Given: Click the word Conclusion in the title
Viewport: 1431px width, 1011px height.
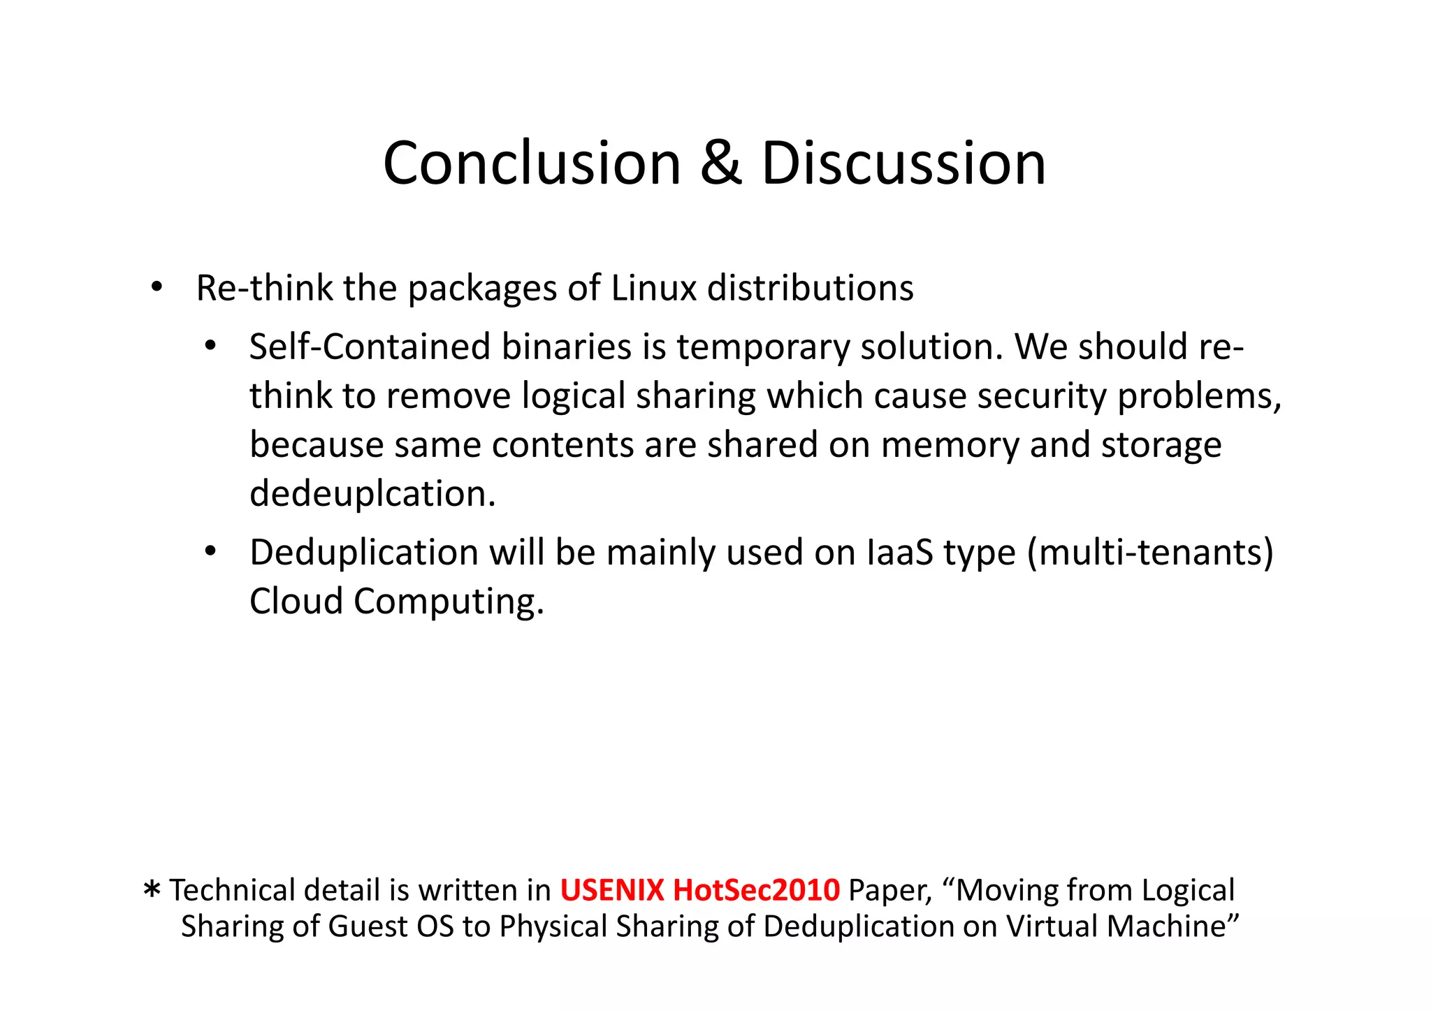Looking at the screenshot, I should coord(532,163).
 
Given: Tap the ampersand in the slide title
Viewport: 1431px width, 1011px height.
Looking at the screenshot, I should coord(720,163).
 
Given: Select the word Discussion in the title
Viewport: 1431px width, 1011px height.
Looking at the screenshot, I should coord(903,163).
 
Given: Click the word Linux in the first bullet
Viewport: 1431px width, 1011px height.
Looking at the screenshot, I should coord(653,288).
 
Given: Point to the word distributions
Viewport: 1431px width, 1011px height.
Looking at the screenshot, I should coord(810,288).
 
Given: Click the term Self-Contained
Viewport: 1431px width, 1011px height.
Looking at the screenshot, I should coord(370,347).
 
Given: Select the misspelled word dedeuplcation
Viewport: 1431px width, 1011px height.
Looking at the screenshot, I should coord(372,494).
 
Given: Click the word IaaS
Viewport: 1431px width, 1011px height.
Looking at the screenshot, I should coord(900,553).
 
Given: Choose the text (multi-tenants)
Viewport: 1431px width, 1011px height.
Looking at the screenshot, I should coord(1150,553).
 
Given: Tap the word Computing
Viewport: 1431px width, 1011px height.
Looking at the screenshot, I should coord(448,602).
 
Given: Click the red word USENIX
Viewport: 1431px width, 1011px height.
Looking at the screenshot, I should coord(611,890).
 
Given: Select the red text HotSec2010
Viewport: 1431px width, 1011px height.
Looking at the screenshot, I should coord(756,890).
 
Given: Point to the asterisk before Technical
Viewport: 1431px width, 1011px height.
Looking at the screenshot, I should coord(152,890).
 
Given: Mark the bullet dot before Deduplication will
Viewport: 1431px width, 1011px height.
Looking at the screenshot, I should coord(210,552).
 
